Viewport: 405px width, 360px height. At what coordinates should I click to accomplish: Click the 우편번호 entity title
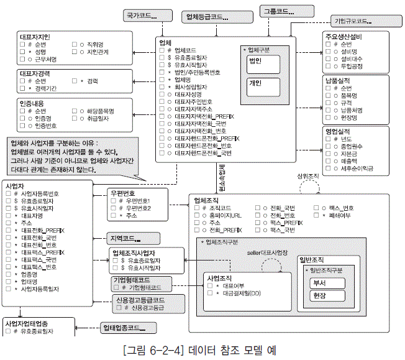122,193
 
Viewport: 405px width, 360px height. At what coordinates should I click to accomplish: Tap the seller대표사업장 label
268,252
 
